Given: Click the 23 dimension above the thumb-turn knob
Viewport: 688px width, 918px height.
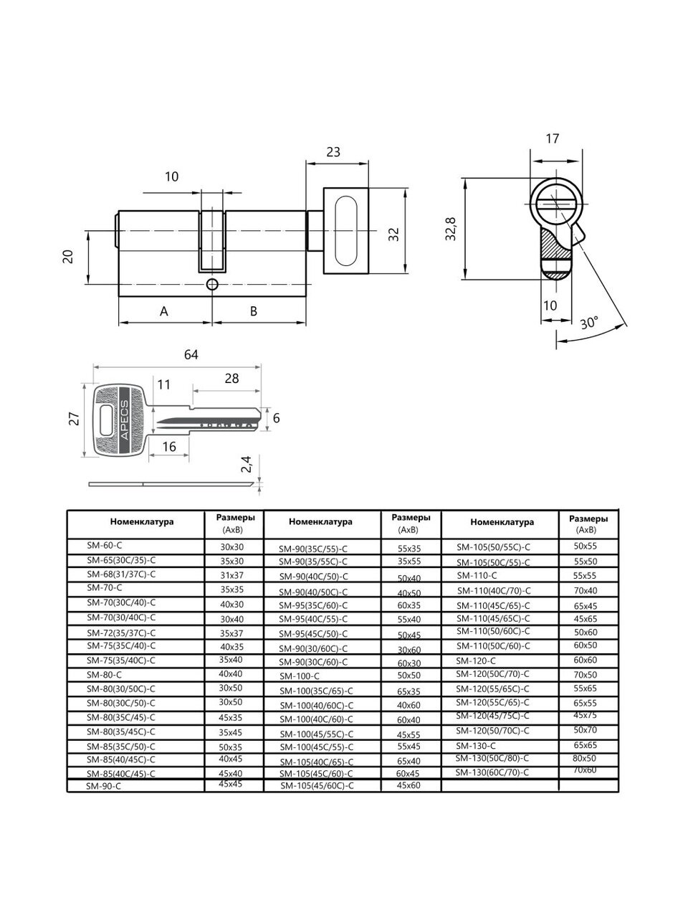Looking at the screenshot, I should pyautogui.click(x=333, y=152).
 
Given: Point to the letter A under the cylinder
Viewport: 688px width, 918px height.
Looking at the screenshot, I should pyautogui.click(x=164, y=311).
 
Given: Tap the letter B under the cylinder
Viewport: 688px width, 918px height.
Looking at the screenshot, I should pyautogui.click(x=254, y=311).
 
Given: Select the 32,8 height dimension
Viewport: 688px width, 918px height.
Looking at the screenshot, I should pyautogui.click(x=450, y=229).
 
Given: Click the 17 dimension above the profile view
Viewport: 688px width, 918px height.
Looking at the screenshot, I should pyautogui.click(x=552, y=139).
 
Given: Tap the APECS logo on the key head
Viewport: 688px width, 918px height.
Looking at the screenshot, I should pyautogui.click(x=123, y=420).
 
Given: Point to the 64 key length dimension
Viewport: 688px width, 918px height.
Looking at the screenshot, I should pyautogui.click(x=191, y=355).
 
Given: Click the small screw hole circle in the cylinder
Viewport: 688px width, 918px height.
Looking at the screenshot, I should pyautogui.click(x=211, y=285).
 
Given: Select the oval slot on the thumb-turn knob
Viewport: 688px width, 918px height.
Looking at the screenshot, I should pyautogui.click(x=345, y=230).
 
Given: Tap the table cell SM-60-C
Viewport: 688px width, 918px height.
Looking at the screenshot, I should pyautogui.click(x=102, y=546).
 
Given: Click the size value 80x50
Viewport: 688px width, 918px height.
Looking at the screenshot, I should pyautogui.click(x=584, y=758).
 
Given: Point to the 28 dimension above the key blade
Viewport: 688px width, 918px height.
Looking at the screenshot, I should pyautogui.click(x=231, y=379).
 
